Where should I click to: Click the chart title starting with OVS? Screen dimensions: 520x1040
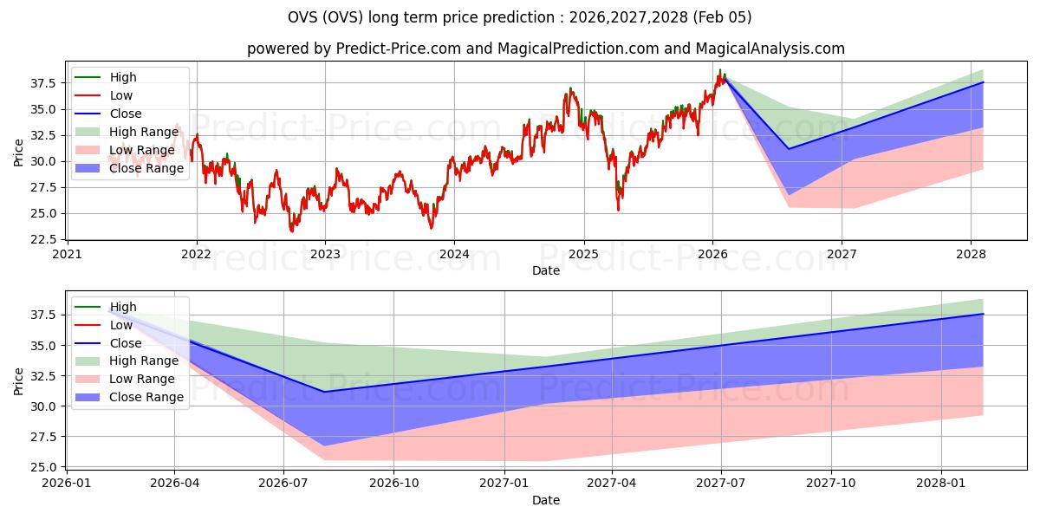[520, 17]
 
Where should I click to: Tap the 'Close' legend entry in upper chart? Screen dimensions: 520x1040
[125, 114]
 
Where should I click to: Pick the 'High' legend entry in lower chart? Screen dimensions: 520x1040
[122, 307]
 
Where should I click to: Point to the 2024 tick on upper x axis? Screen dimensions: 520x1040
[454, 254]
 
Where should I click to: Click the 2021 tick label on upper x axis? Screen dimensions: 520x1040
[68, 254]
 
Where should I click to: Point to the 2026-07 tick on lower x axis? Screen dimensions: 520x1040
[283, 484]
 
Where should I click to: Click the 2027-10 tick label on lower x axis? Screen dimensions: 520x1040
[832, 484]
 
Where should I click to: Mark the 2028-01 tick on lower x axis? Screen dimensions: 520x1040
[941, 484]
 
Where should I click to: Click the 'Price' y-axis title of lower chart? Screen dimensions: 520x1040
[19, 380]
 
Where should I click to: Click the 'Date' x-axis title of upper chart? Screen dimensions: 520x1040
[546, 270]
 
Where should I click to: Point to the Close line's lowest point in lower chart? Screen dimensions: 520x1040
[324, 392]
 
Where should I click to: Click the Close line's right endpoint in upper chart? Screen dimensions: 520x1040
[983, 82]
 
